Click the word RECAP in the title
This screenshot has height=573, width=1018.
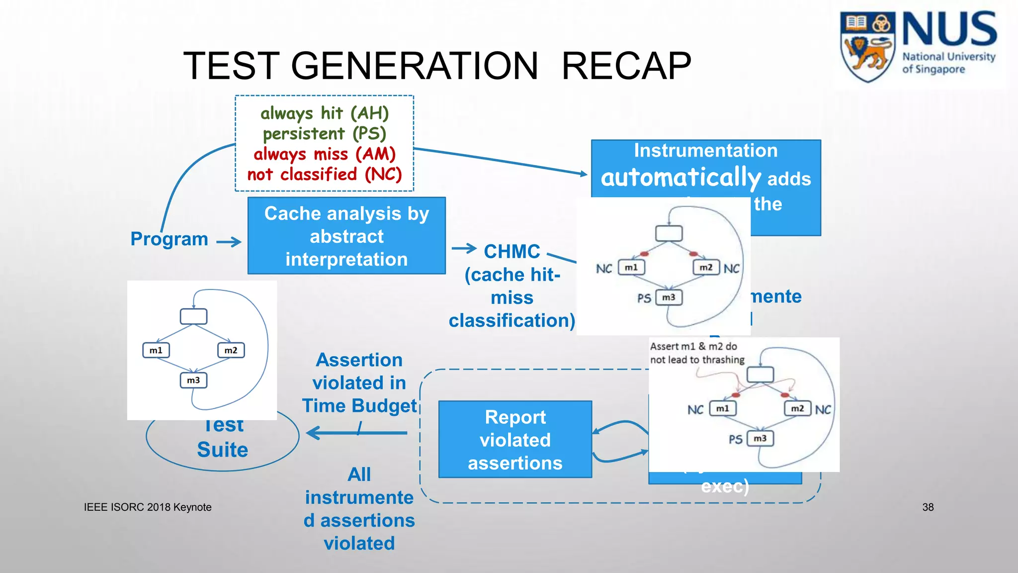626,66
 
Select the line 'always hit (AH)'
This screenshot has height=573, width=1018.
325,113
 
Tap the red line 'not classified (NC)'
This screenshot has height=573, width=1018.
325,175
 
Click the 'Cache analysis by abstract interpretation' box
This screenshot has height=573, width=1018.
346,236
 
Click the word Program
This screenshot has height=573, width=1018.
169,239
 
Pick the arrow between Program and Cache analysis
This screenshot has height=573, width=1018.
229,242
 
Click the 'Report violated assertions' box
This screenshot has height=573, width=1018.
515,440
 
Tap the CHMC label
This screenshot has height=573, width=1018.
512,252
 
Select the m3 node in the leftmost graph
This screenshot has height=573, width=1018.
193,381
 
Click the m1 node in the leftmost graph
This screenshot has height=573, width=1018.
156,350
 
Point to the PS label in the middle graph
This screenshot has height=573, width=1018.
644,298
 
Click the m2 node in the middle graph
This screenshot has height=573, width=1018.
706,268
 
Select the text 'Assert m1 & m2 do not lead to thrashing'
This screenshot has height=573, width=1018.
697,353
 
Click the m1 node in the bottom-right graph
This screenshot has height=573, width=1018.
723,408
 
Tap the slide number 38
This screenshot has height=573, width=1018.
928,507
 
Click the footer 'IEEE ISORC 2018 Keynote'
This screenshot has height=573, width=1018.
148,507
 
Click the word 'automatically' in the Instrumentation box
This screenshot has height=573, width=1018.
680,178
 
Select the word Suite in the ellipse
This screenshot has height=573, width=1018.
222,450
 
